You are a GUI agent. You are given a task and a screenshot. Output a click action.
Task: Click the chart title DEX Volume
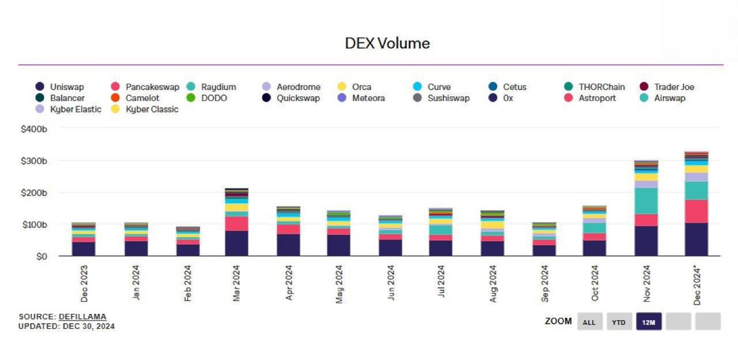coord(387,43)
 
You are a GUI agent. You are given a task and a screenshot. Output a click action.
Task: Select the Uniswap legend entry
coord(60,87)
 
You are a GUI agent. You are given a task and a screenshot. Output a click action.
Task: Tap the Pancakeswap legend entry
coord(145,87)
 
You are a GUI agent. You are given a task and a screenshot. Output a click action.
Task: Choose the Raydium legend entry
coord(211,87)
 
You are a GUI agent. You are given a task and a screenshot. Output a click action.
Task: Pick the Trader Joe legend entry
coord(667,87)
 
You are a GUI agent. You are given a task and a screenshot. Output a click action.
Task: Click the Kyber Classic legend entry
coord(145,109)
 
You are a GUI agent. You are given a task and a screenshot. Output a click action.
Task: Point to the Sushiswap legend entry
coord(441,98)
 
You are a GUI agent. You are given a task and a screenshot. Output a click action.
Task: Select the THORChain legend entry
coord(594,87)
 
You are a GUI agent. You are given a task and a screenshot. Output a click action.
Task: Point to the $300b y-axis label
coord(34,161)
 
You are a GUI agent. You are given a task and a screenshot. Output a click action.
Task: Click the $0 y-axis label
coord(42,257)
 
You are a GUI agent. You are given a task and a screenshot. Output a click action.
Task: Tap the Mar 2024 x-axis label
coord(236,283)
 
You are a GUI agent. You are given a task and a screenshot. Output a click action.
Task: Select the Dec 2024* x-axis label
coord(697,285)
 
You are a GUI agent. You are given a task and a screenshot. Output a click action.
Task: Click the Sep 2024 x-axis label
coord(545,284)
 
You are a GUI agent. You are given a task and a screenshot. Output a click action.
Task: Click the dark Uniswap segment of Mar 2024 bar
coord(237,243)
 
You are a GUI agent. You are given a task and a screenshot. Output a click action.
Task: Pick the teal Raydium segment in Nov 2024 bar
coord(646,201)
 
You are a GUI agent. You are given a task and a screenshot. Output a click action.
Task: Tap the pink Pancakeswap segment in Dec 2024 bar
coord(696,211)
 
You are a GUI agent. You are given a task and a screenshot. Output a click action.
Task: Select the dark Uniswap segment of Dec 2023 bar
coord(84,249)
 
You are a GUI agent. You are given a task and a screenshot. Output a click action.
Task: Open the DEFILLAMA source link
coord(82,316)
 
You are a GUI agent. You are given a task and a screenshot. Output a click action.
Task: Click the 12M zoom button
coord(649,321)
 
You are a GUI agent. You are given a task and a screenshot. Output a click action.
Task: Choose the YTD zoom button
coord(619,321)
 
